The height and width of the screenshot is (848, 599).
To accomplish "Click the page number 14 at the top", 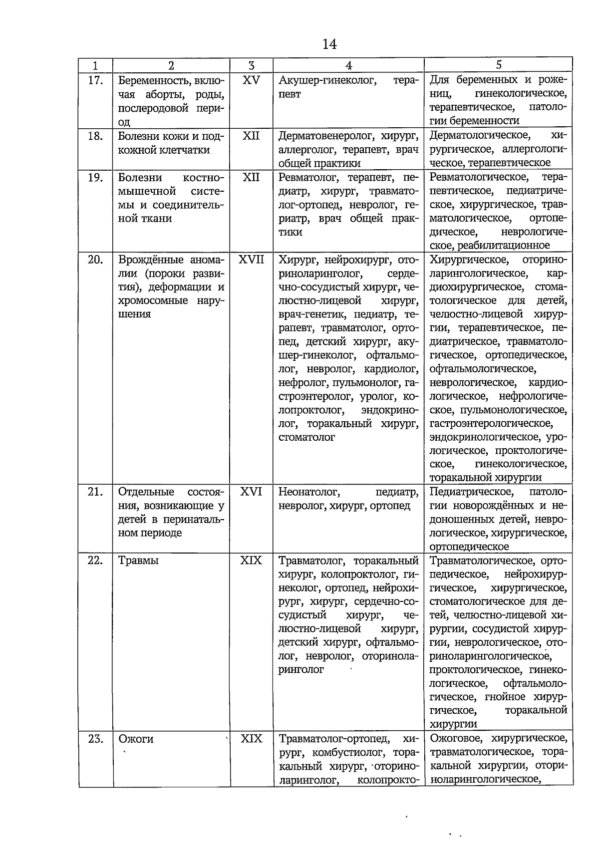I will tap(329, 44).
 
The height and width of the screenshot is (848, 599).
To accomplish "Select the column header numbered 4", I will tap(348, 65).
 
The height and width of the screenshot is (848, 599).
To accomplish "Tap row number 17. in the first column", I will tap(95, 80).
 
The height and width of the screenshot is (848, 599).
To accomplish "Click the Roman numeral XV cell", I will tap(251, 80).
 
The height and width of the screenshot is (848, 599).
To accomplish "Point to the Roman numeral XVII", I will tap(251, 260).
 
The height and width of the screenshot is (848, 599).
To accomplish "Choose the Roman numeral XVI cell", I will tap(251, 492).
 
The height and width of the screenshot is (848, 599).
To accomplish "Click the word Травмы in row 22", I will tap(138, 561).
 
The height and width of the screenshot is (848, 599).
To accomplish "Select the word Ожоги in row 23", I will tap(136, 739).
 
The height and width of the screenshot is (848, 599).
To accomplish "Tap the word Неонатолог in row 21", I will tap(308, 492).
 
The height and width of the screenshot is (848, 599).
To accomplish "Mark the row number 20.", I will tap(95, 260).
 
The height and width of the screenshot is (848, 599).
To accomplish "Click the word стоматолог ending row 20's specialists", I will tap(306, 437).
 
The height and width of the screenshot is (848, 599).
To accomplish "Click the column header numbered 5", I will tap(498, 64).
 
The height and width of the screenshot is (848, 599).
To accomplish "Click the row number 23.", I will tap(95, 739).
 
